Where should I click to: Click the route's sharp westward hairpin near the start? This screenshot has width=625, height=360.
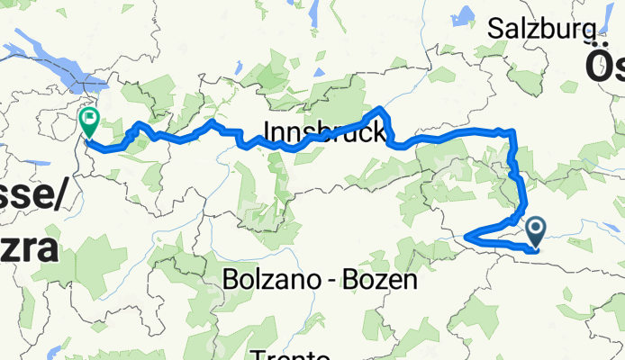tap(466, 238)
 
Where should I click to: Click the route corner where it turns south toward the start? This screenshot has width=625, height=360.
tap(512, 133)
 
